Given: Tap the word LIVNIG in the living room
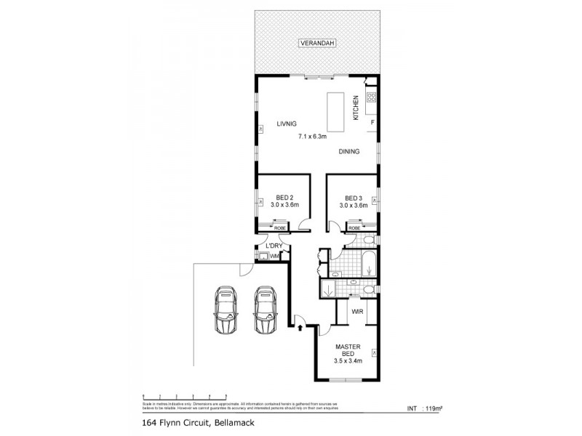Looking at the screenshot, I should [286, 124].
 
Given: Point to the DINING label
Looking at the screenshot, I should [350, 152].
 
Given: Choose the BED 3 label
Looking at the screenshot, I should [354, 198].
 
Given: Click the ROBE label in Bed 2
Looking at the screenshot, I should [279, 228].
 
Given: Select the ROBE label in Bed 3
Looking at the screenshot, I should [354, 228].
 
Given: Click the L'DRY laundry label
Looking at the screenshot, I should [274, 246].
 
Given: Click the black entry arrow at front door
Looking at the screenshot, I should [300, 328].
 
